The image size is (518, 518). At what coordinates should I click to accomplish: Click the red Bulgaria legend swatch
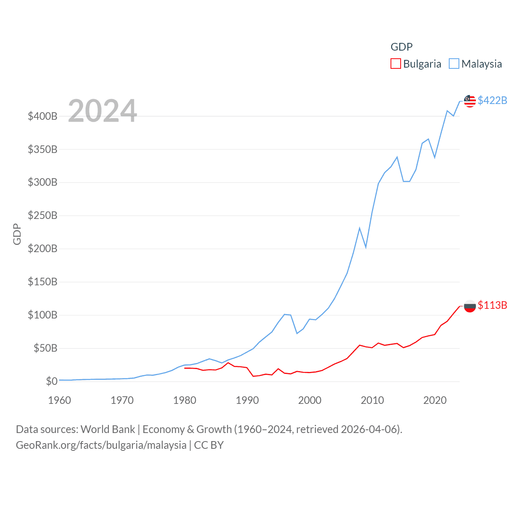tap(395, 64)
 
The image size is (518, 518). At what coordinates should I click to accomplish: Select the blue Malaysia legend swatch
tap(454, 64)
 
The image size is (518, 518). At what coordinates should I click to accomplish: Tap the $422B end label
tap(492, 100)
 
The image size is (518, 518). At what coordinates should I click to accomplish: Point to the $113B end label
tap(492, 305)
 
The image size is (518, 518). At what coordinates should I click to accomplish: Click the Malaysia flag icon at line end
tap(470, 101)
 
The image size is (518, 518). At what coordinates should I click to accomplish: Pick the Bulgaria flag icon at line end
tap(470, 306)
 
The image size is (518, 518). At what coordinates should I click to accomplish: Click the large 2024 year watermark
tap(102, 111)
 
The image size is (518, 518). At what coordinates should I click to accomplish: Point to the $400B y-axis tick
tap(42, 117)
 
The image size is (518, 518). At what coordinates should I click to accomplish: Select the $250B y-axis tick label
tap(42, 216)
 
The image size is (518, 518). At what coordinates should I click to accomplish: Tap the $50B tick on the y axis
tap(45, 348)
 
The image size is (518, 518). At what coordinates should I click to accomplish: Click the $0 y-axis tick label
tap(51, 381)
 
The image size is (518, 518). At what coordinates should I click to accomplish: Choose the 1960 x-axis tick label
tap(59, 401)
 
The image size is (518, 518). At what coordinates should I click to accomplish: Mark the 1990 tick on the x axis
tap(247, 401)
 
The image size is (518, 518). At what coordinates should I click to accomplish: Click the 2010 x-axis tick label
tap(372, 401)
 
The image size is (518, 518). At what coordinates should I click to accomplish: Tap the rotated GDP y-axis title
tap(17, 234)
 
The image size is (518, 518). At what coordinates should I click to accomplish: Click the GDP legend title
tap(401, 47)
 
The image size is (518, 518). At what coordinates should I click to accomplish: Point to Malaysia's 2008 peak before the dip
tap(359, 228)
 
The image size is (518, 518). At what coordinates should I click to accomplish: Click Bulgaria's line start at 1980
tap(185, 368)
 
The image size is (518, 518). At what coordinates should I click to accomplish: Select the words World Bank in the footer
tap(108, 429)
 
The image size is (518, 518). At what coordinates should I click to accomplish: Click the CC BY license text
tap(209, 445)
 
